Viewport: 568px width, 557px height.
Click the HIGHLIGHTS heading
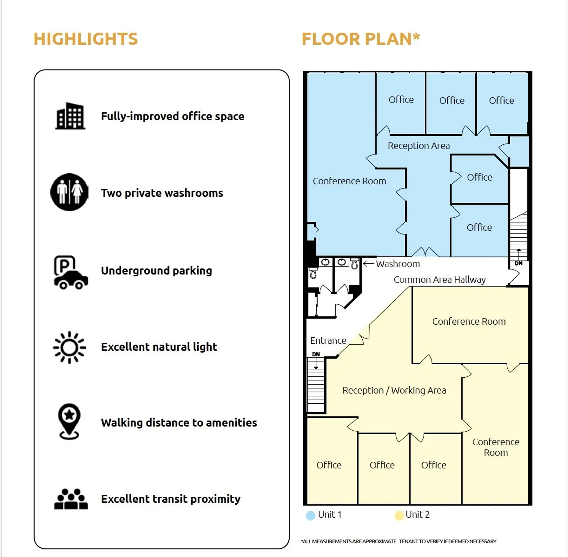(x=86, y=39)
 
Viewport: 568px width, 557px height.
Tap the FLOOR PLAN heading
(x=361, y=39)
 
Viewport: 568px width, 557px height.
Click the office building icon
(x=70, y=116)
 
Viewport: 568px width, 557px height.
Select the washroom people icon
(x=70, y=192)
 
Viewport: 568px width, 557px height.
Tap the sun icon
(x=70, y=347)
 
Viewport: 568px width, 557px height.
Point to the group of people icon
(x=71, y=499)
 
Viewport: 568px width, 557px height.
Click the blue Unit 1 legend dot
(x=310, y=516)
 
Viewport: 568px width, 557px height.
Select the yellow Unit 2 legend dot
(x=399, y=516)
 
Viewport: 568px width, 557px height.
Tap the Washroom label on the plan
(x=398, y=264)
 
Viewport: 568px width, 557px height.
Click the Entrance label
(x=328, y=341)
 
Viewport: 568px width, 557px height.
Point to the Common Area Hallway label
(x=440, y=280)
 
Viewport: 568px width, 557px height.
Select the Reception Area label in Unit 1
(x=419, y=146)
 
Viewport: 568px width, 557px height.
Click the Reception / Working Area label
(x=394, y=390)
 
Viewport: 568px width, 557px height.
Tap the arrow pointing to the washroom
(x=369, y=264)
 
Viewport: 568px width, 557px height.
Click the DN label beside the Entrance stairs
(x=316, y=354)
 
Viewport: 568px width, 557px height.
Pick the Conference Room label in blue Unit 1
(x=349, y=181)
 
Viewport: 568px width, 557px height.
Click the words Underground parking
(x=156, y=271)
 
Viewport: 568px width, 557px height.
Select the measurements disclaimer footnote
(x=399, y=541)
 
